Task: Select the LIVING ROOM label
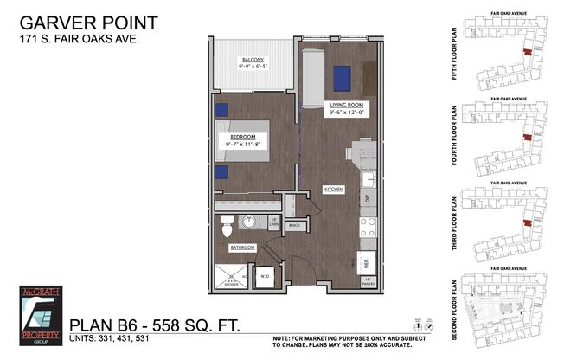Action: coord(349,105)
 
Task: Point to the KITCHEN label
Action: coord(335,188)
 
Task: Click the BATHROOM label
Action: coord(241,248)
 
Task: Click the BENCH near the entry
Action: coord(293,226)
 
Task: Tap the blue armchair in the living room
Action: coord(340,78)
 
